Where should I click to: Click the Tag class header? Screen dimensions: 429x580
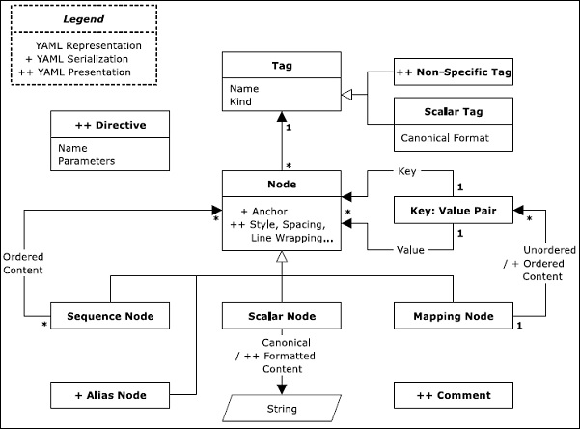[x=281, y=67]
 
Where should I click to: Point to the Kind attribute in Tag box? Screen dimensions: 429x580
[x=241, y=101]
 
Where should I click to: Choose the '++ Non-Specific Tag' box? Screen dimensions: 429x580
[x=454, y=71]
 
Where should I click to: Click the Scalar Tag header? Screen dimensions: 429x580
[x=454, y=112]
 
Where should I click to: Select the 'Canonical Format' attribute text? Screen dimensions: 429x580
[x=444, y=138]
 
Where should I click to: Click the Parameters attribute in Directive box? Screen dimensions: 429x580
[x=86, y=161]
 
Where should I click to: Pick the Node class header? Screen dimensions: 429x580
[x=281, y=183]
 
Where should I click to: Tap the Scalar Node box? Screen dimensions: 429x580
[x=281, y=316]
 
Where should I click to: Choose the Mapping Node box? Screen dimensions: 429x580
[x=454, y=316]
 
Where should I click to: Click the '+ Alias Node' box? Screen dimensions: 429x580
[x=110, y=394]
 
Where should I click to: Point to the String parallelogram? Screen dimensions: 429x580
[x=281, y=408]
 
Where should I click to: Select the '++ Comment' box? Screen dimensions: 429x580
[x=454, y=394]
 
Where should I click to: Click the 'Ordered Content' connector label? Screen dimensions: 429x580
[x=21, y=263]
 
